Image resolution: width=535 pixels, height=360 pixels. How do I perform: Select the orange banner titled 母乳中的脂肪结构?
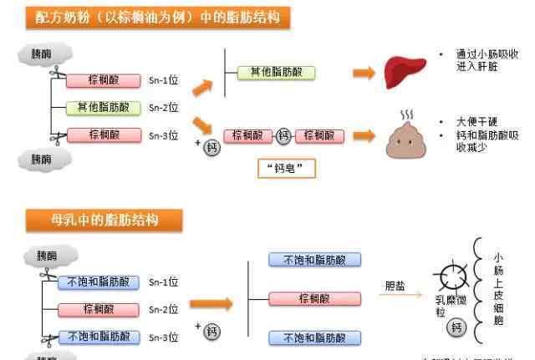(x=104, y=220)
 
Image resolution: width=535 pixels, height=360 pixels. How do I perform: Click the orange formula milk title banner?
(x=151, y=18)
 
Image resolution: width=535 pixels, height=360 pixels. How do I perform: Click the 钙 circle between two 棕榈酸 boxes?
(x=285, y=135)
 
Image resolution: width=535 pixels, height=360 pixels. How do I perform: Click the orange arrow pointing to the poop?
(x=363, y=135)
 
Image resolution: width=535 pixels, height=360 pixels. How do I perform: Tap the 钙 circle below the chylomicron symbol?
(x=456, y=327)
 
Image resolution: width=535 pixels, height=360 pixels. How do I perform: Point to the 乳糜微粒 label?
(x=441, y=304)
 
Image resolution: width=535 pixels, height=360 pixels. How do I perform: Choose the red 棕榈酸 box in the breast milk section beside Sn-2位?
(x=99, y=309)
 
